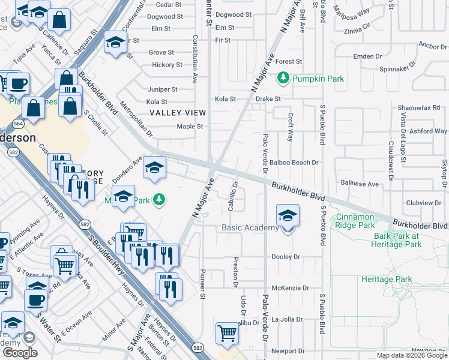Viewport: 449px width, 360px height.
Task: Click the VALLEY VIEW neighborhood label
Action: pyautogui.click(x=178, y=113)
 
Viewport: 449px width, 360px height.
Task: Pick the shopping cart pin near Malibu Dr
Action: pyautogui.click(x=227, y=332)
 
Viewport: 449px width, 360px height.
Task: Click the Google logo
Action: pyautogui.click(x=20, y=353)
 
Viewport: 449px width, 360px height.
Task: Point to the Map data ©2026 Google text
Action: pyautogui.click(x=411, y=355)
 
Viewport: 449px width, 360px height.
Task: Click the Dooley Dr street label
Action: pyautogui.click(x=286, y=257)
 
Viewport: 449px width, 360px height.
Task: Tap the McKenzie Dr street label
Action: pyautogui.click(x=290, y=288)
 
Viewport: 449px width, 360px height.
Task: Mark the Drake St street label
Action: pyautogui.click(x=268, y=98)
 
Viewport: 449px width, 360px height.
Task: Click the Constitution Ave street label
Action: pyautogui.click(x=195, y=58)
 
